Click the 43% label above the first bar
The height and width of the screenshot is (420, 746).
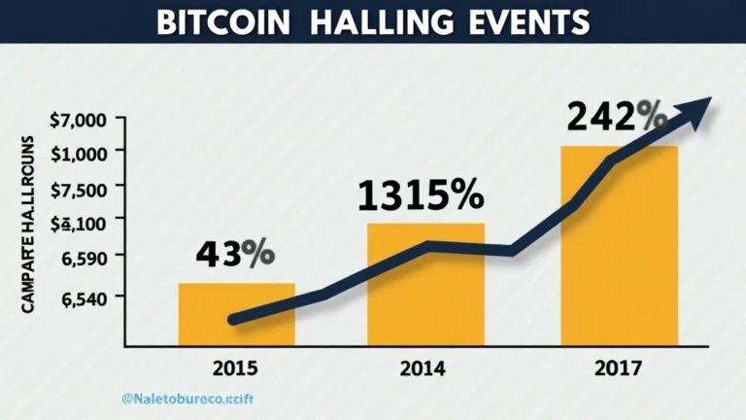click(234, 254)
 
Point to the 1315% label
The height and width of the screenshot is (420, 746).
click(420, 195)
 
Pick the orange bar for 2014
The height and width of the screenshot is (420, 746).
click(424, 292)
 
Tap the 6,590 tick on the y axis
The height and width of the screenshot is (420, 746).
click(85, 257)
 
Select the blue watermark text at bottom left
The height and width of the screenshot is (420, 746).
click(194, 399)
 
